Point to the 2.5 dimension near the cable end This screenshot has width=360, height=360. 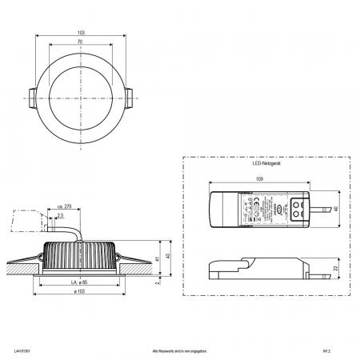61,216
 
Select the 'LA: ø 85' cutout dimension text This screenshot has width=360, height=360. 82,282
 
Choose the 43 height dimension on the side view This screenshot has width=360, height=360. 167,257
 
